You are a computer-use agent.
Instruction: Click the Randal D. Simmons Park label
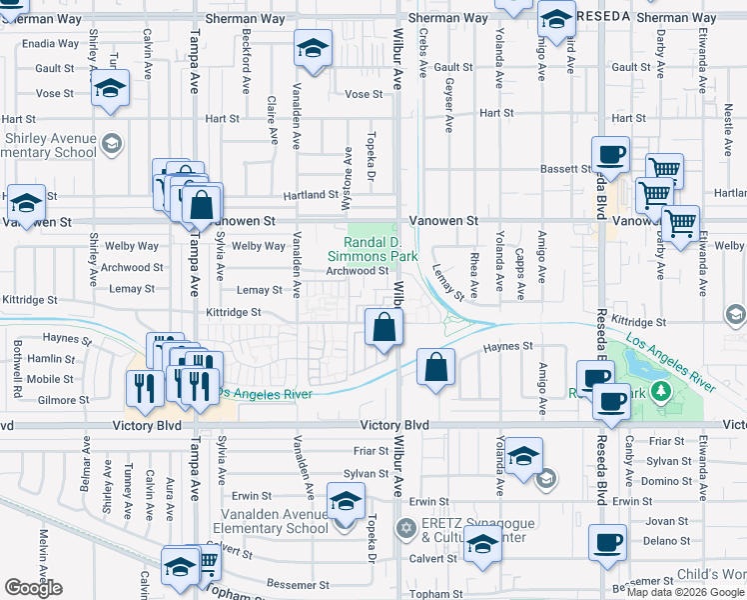380,249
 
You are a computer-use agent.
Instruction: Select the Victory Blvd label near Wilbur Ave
395,425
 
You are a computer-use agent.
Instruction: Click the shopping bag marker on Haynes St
435,367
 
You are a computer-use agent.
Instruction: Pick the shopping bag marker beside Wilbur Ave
384,326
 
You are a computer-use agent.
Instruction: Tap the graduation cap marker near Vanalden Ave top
313,49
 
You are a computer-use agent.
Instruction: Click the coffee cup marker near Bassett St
609,156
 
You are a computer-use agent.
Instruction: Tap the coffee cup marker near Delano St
607,543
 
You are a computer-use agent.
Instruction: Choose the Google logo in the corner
33,588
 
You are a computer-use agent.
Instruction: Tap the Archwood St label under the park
357,270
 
